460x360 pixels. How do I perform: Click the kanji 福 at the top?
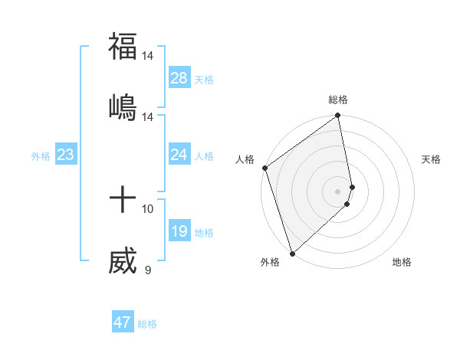123,46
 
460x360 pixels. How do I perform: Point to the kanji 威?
123,260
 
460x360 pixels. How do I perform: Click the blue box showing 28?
179,78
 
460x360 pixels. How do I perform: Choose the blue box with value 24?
179,155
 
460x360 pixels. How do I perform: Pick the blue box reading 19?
179,231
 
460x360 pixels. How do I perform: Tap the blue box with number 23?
66,155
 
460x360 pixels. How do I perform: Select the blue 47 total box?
123,322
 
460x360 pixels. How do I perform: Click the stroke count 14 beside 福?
148,56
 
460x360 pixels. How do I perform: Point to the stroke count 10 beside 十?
148,208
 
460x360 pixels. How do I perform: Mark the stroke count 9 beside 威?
148,269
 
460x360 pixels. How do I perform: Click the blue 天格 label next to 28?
204,79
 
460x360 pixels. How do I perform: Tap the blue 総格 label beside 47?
147,323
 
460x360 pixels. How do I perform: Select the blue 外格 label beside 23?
41,155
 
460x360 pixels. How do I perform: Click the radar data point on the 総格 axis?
338,116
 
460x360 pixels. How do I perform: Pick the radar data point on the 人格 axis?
264,168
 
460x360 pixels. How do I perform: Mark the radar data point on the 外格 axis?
292,253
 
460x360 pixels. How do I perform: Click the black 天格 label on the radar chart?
431,159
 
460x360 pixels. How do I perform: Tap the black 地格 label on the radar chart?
402,262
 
